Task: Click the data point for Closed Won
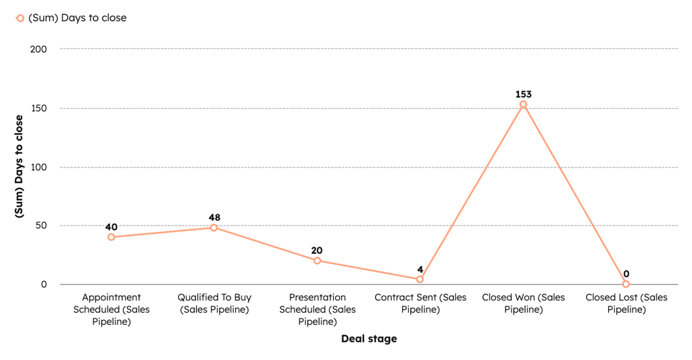[x=523, y=105]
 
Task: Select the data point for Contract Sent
[x=420, y=279]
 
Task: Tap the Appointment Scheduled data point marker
[x=111, y=237]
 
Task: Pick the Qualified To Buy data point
[x=214, y=228]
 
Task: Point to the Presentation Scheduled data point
[x=317, y=261]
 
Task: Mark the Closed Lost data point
[x=626, y=284]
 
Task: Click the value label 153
[x=523, y=94]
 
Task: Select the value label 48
[x=214, y=217]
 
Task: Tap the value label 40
[x=111, y=226]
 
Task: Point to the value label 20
[x=317, y=250]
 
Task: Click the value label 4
[x=420, y=268]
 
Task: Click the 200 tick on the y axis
[x=39, y=49]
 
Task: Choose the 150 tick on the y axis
[x=39, y=108]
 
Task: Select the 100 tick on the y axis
[x=39, y=167]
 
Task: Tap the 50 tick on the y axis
[x=41, y=226]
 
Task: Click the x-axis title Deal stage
[x=368, y=338]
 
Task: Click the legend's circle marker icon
[x=20, y=18]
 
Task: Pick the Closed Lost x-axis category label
[x=626, y=303]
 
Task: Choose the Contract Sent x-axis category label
[x=420, y=303]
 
